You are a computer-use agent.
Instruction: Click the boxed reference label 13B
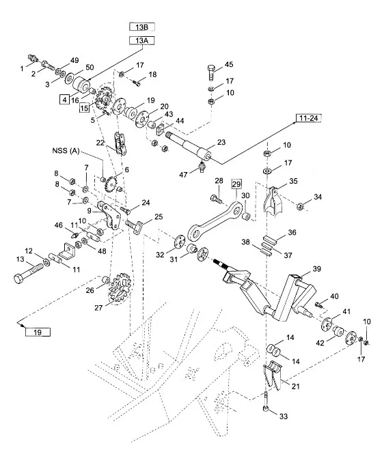click(x=141, y=27)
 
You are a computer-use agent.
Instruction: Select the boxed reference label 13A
click(x=141, y=40)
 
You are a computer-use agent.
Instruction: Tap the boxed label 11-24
click(x=309, y=118)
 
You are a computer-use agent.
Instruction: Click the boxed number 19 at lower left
click(x=38, y=332)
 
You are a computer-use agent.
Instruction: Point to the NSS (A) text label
click(x=66, y=151)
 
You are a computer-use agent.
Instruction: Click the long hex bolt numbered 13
click(x=29, y=273)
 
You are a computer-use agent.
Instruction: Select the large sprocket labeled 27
click(x=120, y=289)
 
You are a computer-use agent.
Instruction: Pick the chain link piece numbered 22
click(x=120, y=143)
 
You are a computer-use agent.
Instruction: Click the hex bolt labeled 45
click(x=211, y=72)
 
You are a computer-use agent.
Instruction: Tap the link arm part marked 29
click(x=215, y=221)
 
